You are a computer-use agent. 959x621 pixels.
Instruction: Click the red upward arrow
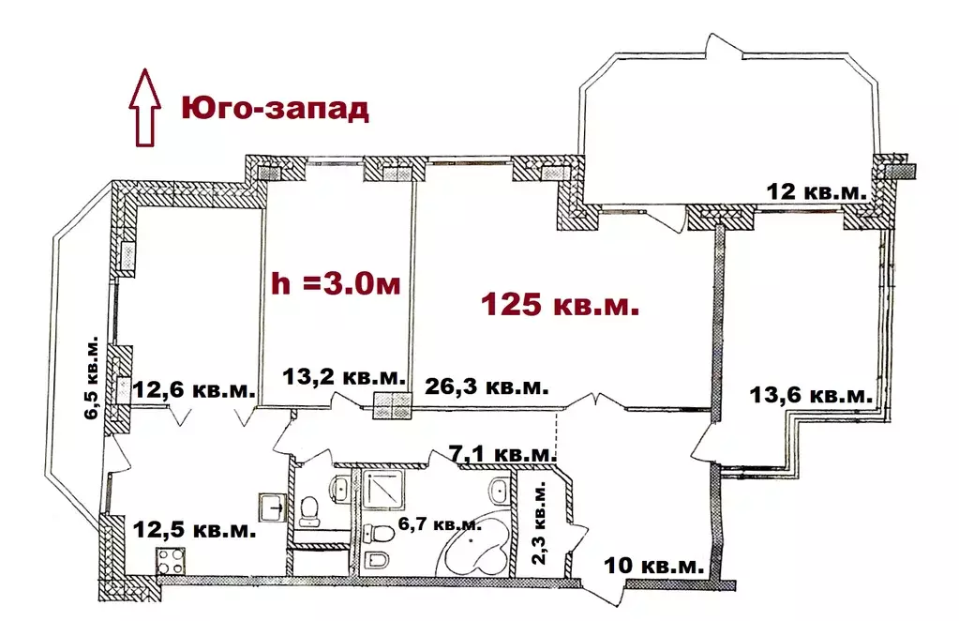pos(142,106)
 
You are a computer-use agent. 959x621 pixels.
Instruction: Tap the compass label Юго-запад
pos(275,108)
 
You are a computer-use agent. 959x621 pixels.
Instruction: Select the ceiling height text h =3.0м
pos(337,282)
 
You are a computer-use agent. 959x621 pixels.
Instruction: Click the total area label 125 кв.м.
pos(560,305)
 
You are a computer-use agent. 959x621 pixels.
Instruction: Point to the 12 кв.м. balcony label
pos(816,191)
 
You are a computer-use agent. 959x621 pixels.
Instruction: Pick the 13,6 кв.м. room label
pos(812,395)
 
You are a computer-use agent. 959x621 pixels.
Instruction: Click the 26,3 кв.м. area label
pos(486,386)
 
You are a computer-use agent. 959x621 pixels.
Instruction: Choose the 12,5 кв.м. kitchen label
pos(193,530)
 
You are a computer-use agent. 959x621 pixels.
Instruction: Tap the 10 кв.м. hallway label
pos(654,566)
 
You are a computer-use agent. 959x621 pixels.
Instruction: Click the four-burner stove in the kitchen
pos(170,561)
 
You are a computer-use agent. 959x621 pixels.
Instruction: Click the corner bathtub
pos(478,551)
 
